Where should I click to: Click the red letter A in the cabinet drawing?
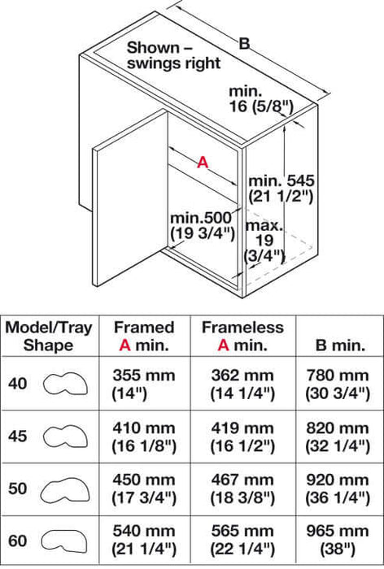pyautogui.click(x=203, y=162)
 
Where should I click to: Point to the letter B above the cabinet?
pyautogui.click(x=245, y=44)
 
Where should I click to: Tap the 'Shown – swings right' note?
pyautogui.click(x=173, y=55)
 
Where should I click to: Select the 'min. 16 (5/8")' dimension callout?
pyautogui.click(x=261, y=98)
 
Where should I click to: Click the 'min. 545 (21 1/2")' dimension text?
pyautogui.click(x=281, y=189)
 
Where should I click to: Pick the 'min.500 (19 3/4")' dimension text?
pyautogui.click(x=202, y=225)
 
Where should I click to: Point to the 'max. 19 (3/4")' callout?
pyautogui.click(x=264, y=241)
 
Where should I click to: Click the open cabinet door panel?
pyautogui.click(x=131, y=198)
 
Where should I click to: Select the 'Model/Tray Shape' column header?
pyautogui.click(x=48, y=336)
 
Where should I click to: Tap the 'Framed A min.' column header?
pyautogui.click(x=144, y=336)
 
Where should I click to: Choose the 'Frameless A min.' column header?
pyautogui.click(x=242, y=336)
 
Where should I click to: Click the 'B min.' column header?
pyautogui.click(x=340, y=345)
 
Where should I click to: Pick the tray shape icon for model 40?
pyautogui.click(x=65, y=384)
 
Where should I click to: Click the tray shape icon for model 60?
pyautogui.click(x=64, y=541)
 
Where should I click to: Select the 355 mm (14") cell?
pyautogui.click(x=144, y=384)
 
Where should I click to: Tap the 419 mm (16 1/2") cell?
pyautogui.click(x=242, y=437)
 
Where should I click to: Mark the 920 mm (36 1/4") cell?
pyautogui.click(x=338, y=489)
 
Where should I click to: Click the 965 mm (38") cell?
pyautogui.click(x=338, y=540)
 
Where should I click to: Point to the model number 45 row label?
pyautogui.click(x=17, y=436)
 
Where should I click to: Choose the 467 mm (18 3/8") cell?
pyautogui.click(x=242, y=489)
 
